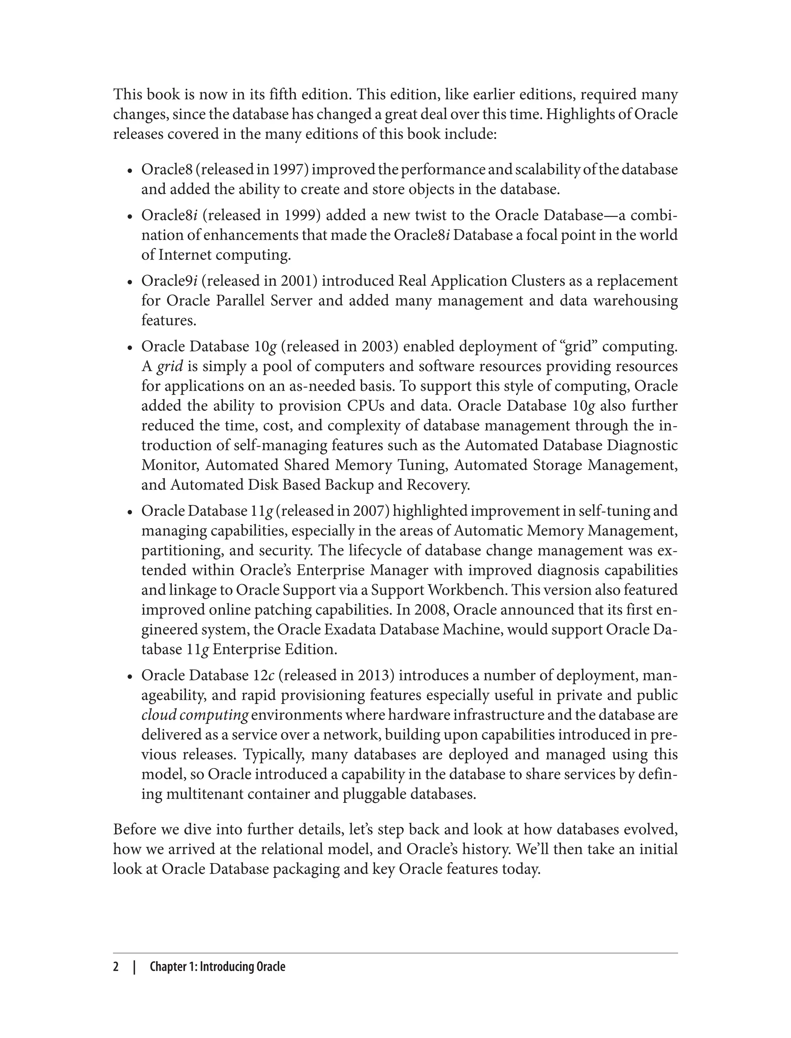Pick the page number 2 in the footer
[x=116, y=967]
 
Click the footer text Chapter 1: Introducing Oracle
[x=217, y=967]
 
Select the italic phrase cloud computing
[x=194, y=715]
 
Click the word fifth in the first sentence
[x=283, y=95]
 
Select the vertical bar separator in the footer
[x=134, y=967]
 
